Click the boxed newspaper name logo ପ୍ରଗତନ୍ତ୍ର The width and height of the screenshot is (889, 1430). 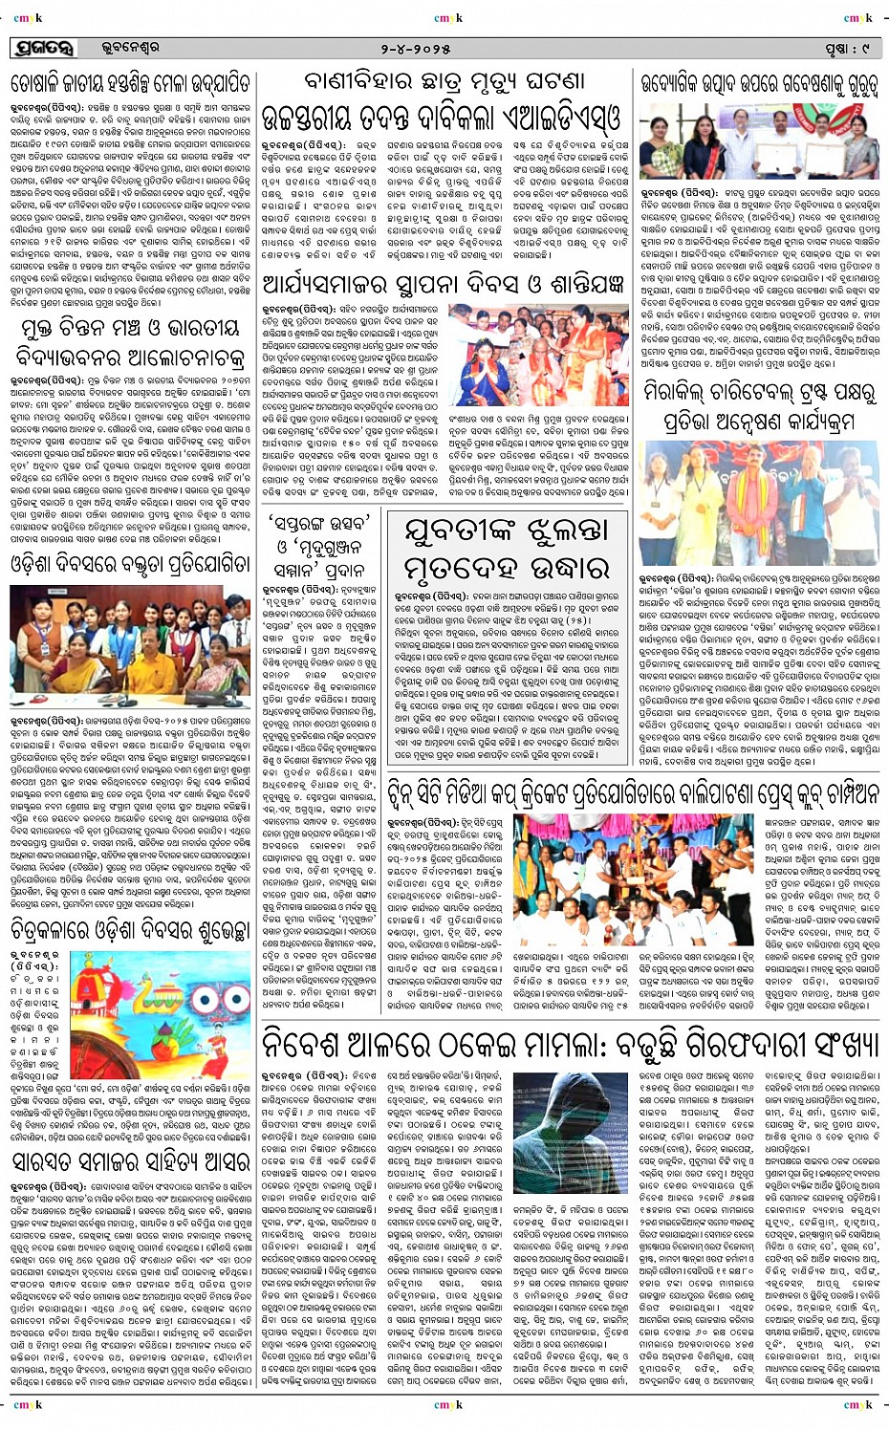[44, 47]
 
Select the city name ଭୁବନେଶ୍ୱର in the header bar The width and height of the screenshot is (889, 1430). [130, 47]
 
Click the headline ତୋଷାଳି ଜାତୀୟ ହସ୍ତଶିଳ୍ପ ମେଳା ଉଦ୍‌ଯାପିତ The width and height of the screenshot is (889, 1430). [131, 82]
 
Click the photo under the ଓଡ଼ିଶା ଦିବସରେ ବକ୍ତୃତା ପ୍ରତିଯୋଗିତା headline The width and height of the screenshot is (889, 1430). [130, 635]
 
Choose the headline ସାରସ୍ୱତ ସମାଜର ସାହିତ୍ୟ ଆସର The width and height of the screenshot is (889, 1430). [130, 1162]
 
